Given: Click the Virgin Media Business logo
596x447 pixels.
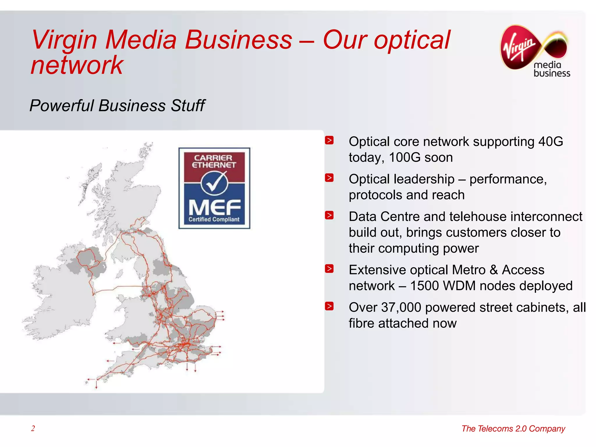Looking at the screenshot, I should coord(535,51).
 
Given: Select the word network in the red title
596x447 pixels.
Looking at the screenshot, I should coord(77,65).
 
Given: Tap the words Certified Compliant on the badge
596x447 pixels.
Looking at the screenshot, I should coord(214,219).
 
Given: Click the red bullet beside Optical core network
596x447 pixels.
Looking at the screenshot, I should coord(329,140).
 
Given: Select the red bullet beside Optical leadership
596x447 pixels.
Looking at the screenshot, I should coord(329,178).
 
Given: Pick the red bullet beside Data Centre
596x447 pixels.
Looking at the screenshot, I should coord(329,215).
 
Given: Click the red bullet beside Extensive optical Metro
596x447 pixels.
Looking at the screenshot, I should coord(329,269).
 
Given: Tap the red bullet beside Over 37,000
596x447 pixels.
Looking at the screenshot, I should coord(329,306).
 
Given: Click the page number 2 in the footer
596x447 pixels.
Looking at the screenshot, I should coord(33,428).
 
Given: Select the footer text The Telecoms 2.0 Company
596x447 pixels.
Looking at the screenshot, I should coord(513,429).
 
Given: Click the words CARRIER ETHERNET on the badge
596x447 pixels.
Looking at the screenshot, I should coord(214,162).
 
